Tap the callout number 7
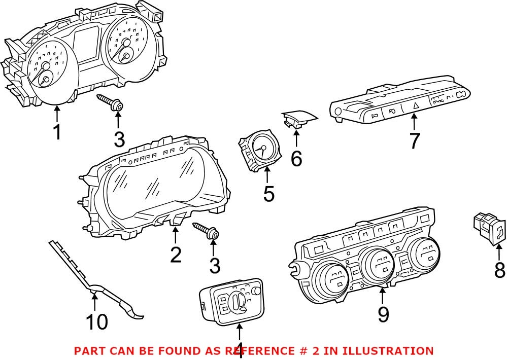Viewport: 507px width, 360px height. click(414, 140)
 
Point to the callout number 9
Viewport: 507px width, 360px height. click(383, 314)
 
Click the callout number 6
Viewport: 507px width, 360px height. click(296, 159)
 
